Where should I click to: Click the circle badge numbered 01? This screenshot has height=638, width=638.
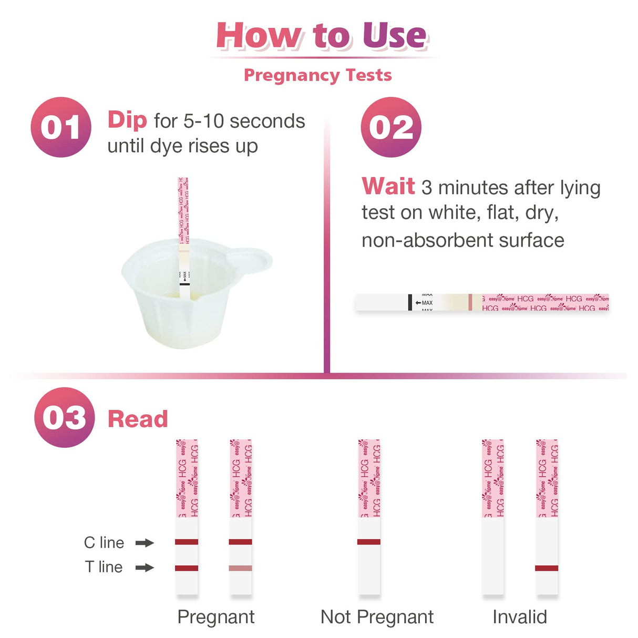click(x=61, y=127)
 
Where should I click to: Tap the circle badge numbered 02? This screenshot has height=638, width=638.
click(x=391, y=127)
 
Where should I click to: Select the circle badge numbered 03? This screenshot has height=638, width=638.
click(x=64, y=417)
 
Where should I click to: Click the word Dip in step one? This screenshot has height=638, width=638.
click(x=127, y=120)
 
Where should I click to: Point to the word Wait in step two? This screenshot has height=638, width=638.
click(x=388, y=187)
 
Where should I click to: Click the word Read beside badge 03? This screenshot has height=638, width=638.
click(x=138, y=419)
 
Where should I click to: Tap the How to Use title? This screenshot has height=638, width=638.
click(x=322, y=36)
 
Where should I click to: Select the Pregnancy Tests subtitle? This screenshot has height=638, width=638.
click(x=318, y=75)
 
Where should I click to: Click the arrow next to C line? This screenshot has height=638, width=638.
click(x=145, y=542)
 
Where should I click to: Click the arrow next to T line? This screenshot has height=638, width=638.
click(x=145, y=568)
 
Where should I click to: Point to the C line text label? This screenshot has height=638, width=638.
click(x=104, y=542)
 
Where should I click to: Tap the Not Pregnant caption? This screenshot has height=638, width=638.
click(x=377, y=616)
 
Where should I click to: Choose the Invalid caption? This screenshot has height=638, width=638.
click(x=519, y=616)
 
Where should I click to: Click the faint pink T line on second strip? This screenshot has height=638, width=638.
click(x=241, y=568)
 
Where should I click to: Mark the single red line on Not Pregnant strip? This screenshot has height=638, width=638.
click(x=369, y=542)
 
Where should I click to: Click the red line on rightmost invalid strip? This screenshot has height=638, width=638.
click(x=547, y=568)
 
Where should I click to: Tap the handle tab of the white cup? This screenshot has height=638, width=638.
click(x=252, y=260)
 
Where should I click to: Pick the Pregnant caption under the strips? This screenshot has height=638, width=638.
click(x=215, y=616)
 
